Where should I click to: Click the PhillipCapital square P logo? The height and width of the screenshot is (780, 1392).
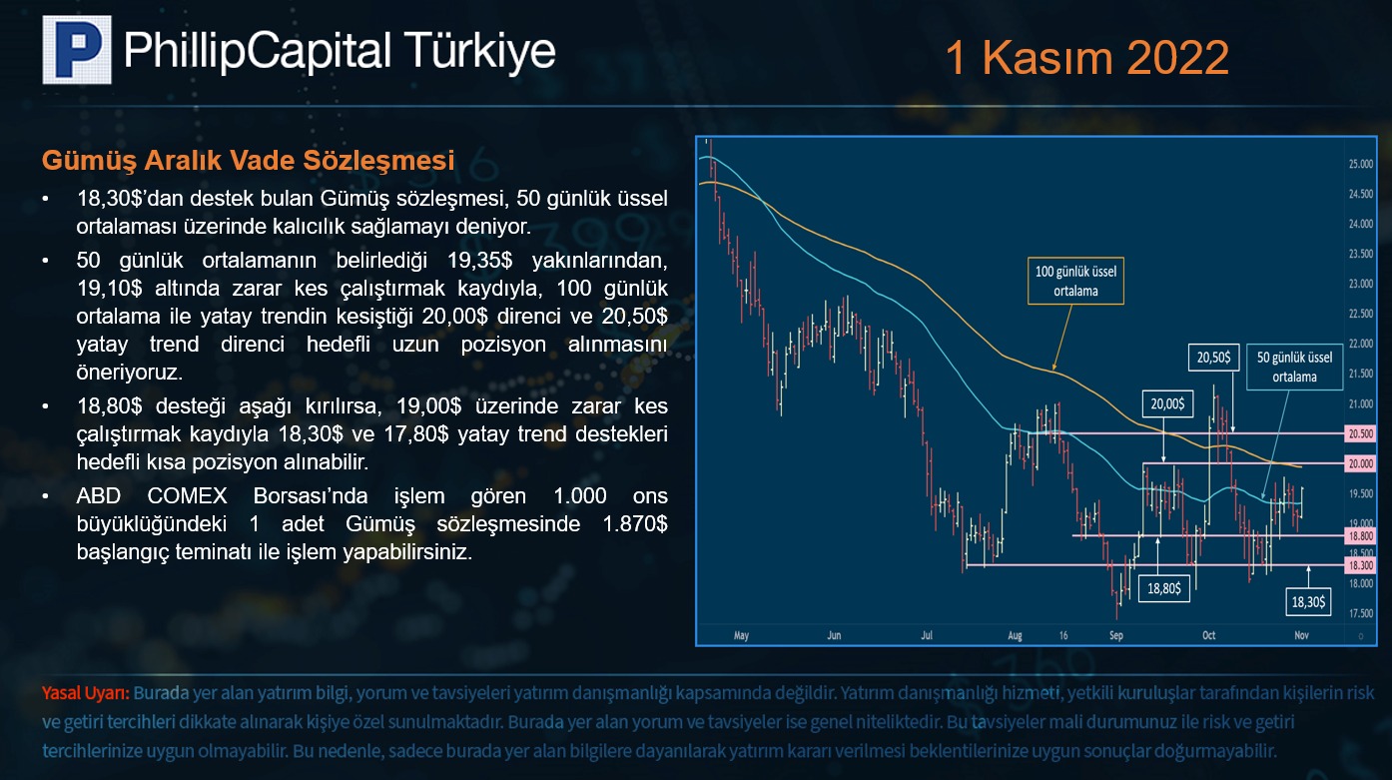click(x=77, y=50)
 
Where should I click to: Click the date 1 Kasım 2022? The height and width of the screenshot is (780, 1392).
click(x=1086, y=58)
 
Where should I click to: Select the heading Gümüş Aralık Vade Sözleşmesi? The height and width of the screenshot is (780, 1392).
click(x=248, y=161)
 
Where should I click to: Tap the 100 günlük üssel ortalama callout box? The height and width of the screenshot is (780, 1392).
click(x=1075, y=281)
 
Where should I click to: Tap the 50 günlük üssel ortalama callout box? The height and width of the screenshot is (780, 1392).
click(x=1294, y=367)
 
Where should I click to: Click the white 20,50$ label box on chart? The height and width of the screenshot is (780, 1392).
click(x=1213, y=358)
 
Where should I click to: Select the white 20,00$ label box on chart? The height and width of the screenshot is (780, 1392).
click(x=1167, y=404)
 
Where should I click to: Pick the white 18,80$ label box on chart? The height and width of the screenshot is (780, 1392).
click(x=1164, y=588)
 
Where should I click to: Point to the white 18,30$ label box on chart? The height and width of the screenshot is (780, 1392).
click(x=1308, y=601)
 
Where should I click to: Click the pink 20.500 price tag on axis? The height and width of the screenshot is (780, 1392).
click(x=1360, y=433)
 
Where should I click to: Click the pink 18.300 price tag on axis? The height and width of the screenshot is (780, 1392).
click(x=1360, y=565)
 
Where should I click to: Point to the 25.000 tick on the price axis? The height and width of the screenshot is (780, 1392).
click(x=1360, y=164)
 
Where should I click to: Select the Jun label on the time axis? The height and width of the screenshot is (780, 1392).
click(x=834, y=635)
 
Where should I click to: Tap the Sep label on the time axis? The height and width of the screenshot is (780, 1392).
click(x=1116, y=635)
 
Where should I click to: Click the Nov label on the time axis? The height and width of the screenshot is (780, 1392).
click(x=1301, y=635)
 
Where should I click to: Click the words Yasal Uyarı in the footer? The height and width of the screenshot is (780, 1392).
click(x=86, y=693)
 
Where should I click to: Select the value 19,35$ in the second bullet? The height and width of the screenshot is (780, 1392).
click(x=479, y=260)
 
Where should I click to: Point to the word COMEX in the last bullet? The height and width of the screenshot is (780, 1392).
click(x=187, y=496)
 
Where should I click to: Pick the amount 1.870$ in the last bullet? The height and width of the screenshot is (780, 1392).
click(x=635, y=524)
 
